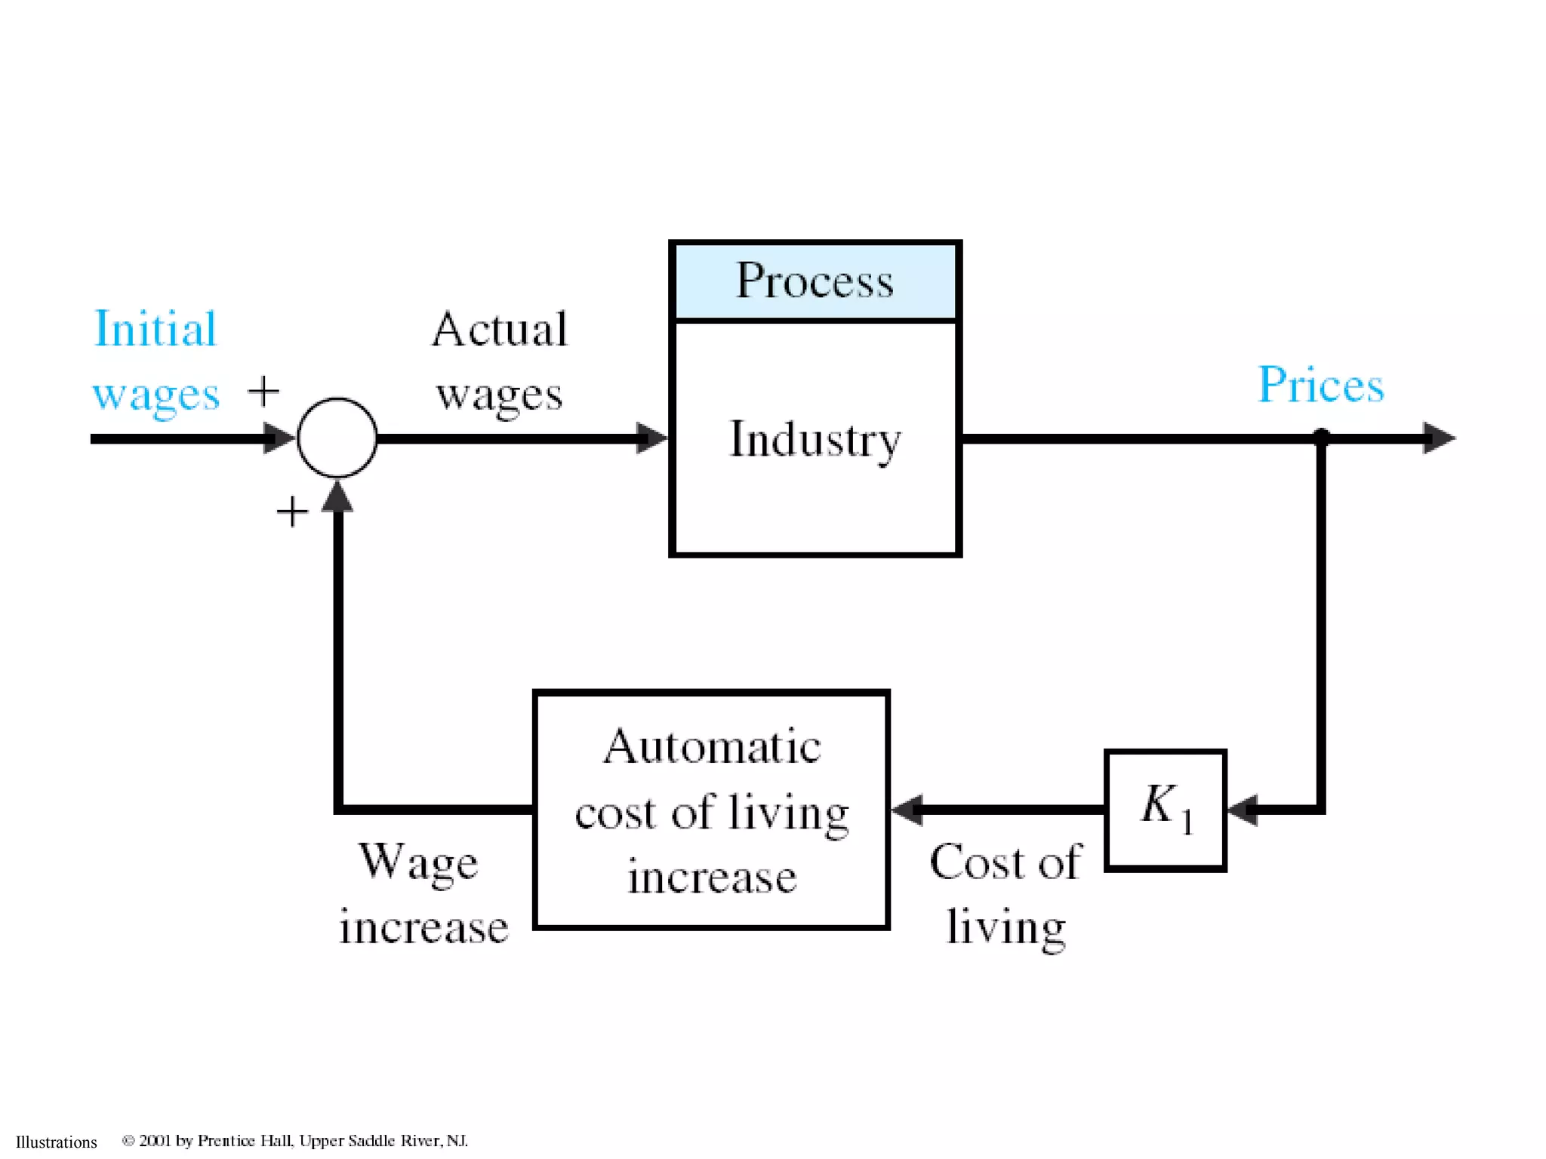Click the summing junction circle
[x=337, y=438]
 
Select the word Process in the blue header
[x=815, y=281]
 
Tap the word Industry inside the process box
[x=815, y=439]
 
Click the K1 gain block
[x=1165, y=810]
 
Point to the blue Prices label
[x=1320, y=385]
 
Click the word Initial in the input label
[x=155, y=329]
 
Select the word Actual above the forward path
[x=499, y=330]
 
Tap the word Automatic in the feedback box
[x=711, y=747]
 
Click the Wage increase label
[x=423, y=894]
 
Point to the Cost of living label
[x=1006, y=894]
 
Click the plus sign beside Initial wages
[x=263, y=391]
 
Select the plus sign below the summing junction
[x=292, y=512]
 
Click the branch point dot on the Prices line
[x=1321, y=437]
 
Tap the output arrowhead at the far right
[x=1438, y=438]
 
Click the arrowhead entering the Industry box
[x=651, y=438]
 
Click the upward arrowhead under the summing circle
[x=337, y=497]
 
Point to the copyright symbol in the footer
[x=128, y=1140]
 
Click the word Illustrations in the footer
[x=57, y=1142]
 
